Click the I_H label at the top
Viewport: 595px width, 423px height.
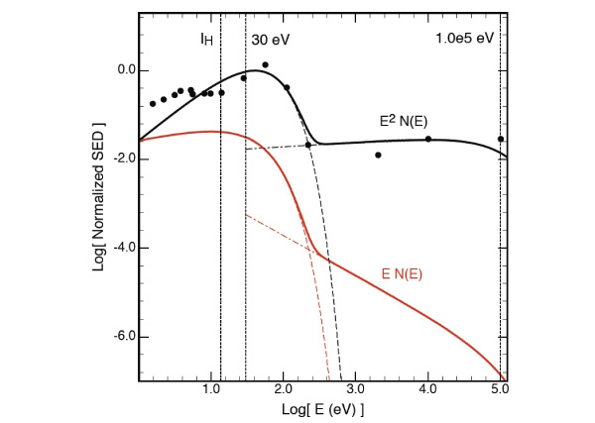coord(206,39)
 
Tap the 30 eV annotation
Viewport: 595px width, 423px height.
coord(271,39)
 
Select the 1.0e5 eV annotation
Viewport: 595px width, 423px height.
coord(464,39)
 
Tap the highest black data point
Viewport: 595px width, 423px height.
coord(265,65)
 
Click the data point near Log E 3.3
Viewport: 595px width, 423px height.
coord(378,155)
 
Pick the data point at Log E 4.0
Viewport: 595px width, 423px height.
coord(428,139)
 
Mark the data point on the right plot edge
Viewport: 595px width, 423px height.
coord(501,139)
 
